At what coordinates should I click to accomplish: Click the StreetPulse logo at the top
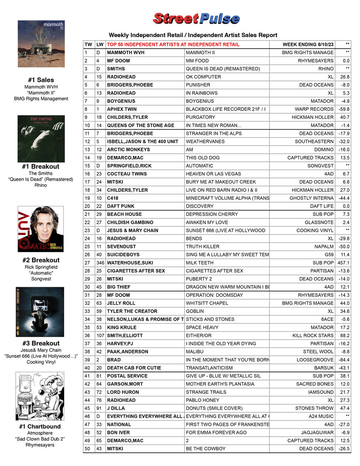point(196,19)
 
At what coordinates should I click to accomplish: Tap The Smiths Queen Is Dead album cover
point(41,138)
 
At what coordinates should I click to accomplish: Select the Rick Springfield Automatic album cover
point(41,228)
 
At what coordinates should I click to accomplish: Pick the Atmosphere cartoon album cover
point(41,396)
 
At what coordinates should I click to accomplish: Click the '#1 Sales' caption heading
point(41,80)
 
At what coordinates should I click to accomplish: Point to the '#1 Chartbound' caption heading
point(40,426)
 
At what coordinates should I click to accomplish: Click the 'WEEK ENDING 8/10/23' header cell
point(308,45)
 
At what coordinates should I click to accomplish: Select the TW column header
point(88,45)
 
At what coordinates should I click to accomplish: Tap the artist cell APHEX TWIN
point(121,109)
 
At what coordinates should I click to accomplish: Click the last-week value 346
point(100,263)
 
